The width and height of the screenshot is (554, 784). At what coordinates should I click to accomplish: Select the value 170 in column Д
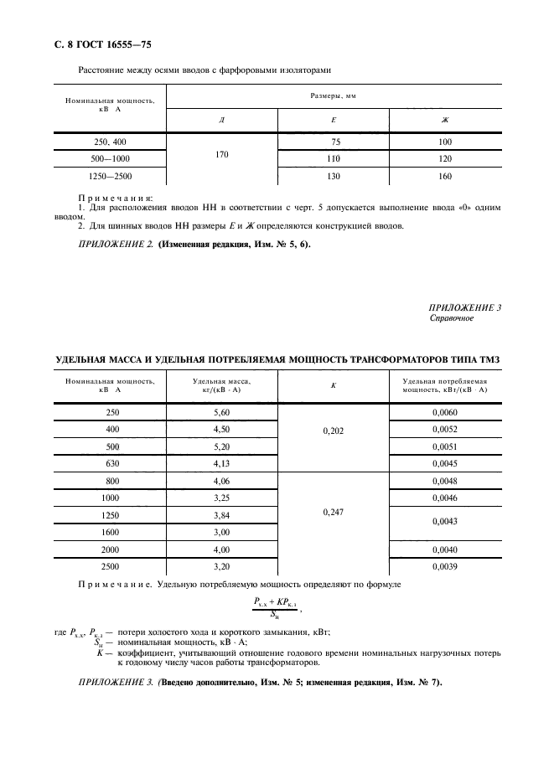(x=221, y=154)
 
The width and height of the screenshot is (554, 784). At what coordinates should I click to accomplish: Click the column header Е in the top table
(x=334, y=120)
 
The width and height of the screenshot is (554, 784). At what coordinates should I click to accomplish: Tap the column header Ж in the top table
(x=445, y=120)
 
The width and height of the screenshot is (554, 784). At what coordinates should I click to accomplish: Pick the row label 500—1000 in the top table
(x=110, y=158)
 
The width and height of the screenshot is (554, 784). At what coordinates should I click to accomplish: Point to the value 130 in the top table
(x=334, y=176)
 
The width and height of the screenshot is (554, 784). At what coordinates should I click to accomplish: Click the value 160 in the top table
(x=445, y=176)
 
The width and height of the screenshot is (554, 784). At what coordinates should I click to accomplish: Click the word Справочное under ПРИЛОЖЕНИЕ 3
(x=453, y=318)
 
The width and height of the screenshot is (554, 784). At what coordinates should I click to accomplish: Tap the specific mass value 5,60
(x=222, y=412)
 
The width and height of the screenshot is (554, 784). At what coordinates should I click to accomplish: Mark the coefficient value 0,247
(x=334, y=511)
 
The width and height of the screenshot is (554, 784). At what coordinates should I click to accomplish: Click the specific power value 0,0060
(x=445, y=412)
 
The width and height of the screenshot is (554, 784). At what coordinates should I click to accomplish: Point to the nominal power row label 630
(x=112, y=463)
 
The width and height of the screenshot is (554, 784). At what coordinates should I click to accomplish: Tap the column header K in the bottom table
(x=334, y=385)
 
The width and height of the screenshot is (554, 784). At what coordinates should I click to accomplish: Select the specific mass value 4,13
(x=222, y=463)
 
